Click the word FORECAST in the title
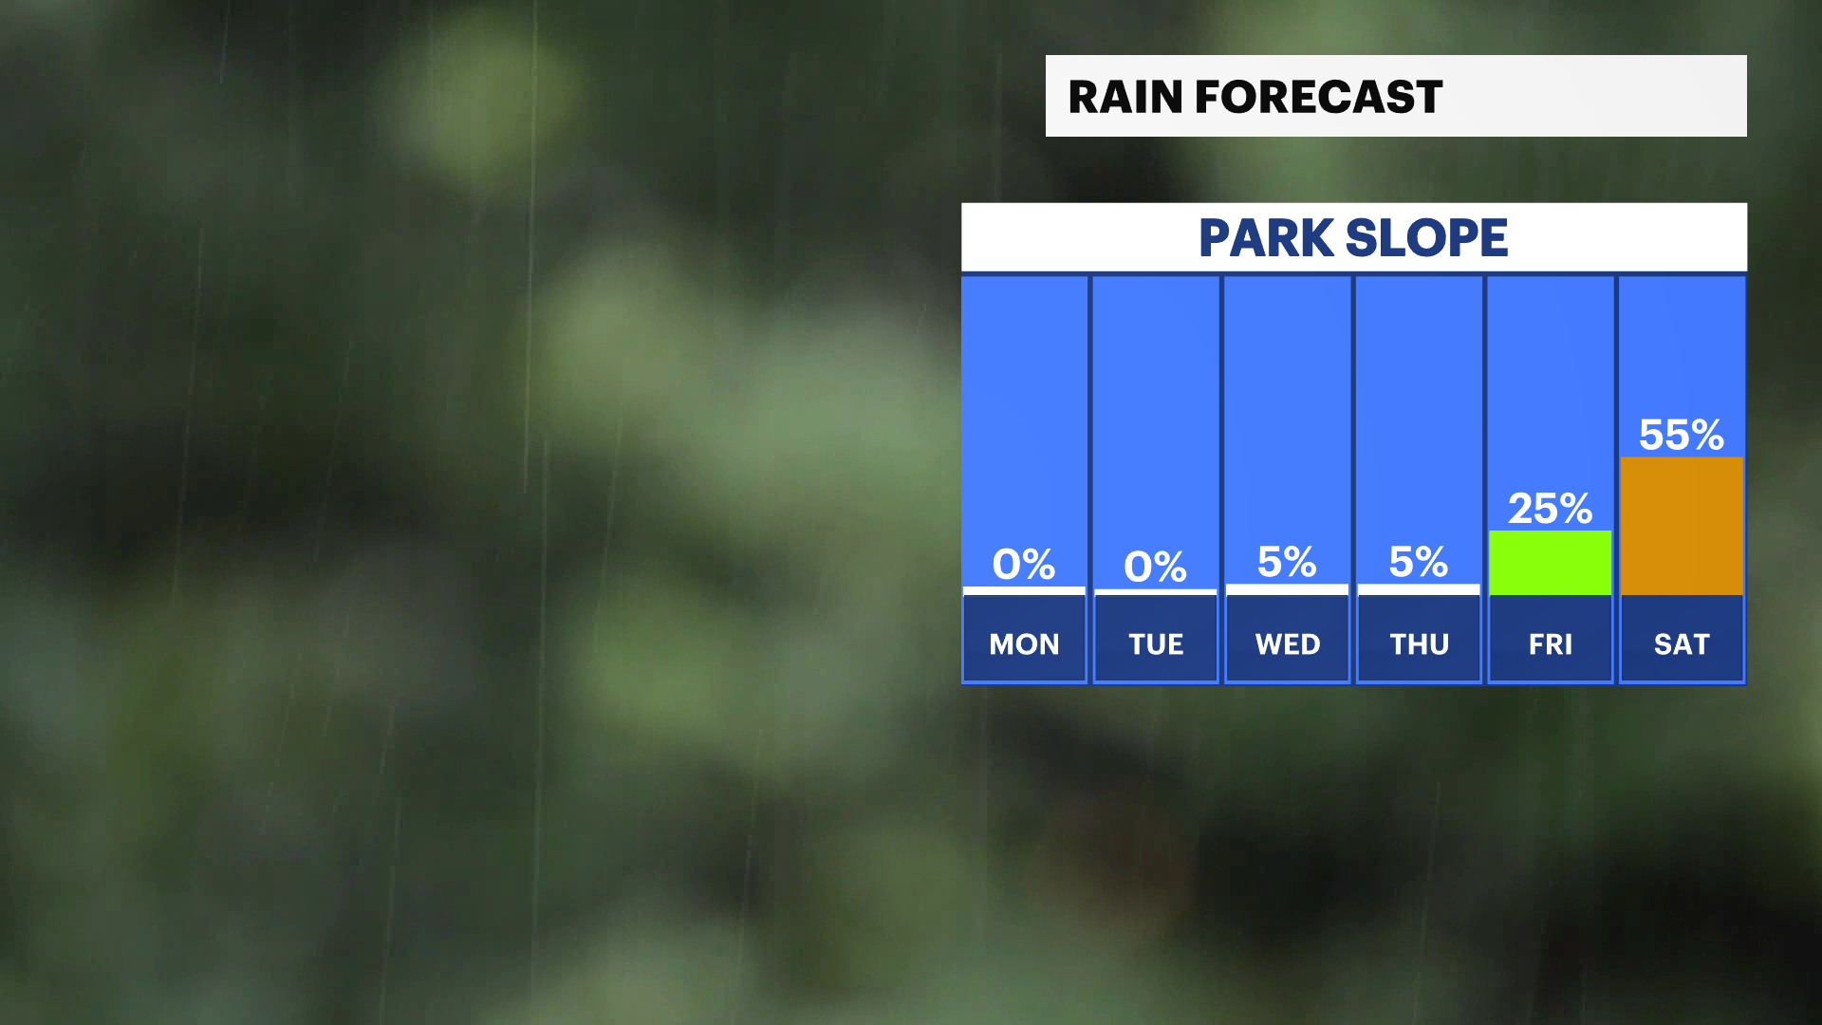tap(1318, 97)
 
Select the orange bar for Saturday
tap(1682, 526)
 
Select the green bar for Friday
tap(1551, 563)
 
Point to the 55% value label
tap(1682, 435)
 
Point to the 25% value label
tap(1551, 509)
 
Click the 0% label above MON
tap(1024, 565)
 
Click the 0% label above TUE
tap(1156, 567)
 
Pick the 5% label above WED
tap(1287, 562)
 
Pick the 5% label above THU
tap(1419, 562)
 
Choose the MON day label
tap(1025, 644)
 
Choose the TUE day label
tap(1156, 644)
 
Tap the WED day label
tap(1288, 644)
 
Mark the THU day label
tap(1420, 644)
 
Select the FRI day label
tap(1551, 644)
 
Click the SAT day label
tap(1682, 644)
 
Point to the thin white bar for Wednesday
tap(1287, 589)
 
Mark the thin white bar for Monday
tap(1024, 591)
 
